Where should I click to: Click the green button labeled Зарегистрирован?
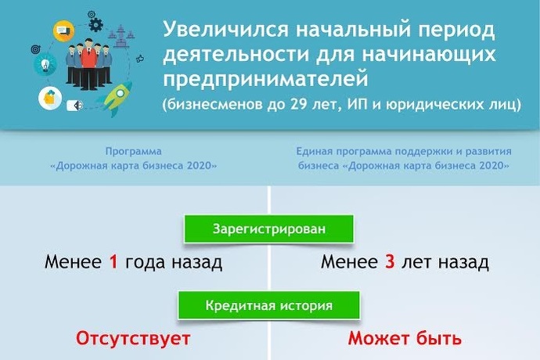268,229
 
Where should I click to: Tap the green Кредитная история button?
268,305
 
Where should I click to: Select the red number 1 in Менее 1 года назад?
113,262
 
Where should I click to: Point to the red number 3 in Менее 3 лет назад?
390,262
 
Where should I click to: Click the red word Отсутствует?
133,338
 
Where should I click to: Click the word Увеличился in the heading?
225,29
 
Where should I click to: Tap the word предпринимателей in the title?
265,79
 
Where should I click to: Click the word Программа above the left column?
133,151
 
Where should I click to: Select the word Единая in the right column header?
315,151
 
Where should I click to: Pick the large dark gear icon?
95,24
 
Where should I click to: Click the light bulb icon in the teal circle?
45,64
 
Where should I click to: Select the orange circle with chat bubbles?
63,31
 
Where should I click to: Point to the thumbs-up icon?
140,59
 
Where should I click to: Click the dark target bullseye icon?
35,49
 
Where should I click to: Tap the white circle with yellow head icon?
50,98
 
